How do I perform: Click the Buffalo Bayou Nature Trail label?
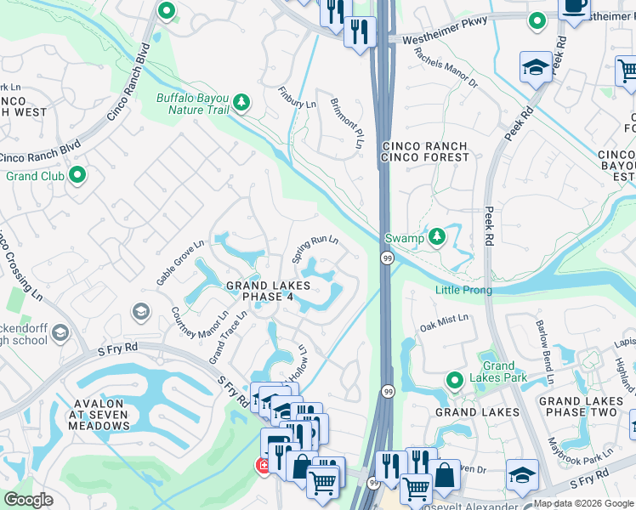pyautogui.click(x=192, y=104)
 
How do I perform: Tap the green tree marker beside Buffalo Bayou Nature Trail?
pyautogui.click(x=242, y=102)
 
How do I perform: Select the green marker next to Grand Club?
pyautogui.click(x=78, y=176)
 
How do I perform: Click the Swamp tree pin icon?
pyautogui.click(x=437, y=236)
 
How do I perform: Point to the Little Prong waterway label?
pyautogui.click(x=463, y=290)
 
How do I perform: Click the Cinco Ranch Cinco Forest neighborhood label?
pyautogui.click(x=425, y=151)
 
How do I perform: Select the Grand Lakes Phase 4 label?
pyautogui.click(x=269, y=291)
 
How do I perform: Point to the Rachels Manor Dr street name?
pyautogui.click(x=446, y=66)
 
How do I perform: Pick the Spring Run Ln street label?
pyautogui.click(x=315, y=249)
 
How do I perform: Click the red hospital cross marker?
pyautogui.click(x=264, y=466)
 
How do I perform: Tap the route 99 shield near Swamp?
pyautogui.click(x=385, y=258)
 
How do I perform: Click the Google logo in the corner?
pyautogui.click(x=29, y=500)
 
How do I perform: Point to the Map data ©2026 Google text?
pyautogui.click(x=582, y=503)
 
